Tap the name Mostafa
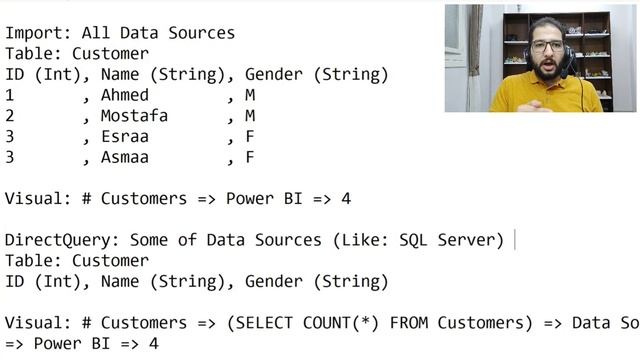coord(134,116)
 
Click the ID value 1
coord(9,95)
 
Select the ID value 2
coord(9,116)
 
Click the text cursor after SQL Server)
coord(514,240)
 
